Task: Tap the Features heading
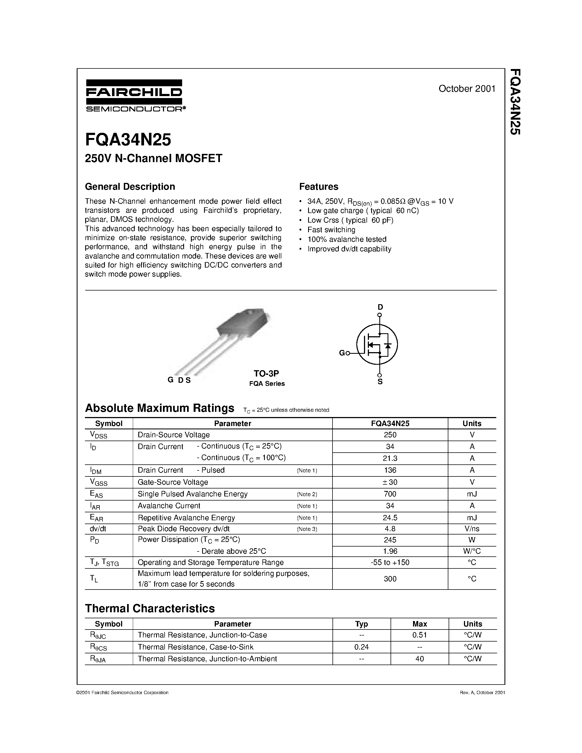tap(319, 186)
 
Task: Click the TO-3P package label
tap(266, 373)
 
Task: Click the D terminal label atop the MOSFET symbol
tap(380, 307)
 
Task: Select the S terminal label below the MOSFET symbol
tap(380, 382)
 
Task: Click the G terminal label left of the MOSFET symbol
tap(342, 353)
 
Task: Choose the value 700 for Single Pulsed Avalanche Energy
tap(390, 494)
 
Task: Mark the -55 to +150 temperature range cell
tap(390, 562)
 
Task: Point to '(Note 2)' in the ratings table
tap(306, 495)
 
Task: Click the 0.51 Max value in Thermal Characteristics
tap(419, 635)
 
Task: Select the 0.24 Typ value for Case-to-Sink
tap(361, 647)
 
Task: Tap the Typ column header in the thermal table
tap(361, 624)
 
